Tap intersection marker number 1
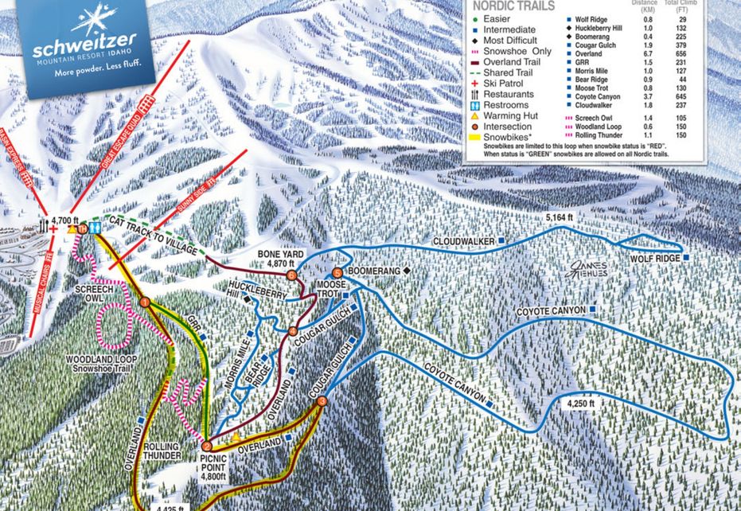coord(145,302)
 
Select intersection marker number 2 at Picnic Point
coord(207,447)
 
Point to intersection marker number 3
coord(322,402)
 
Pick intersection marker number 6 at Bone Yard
coord(292,275)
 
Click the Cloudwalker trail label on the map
coord(464,240)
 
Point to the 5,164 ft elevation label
coord(559,216)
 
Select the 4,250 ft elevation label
coord(582,404)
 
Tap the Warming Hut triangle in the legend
coord(475,116)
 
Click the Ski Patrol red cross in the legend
coord(475,83)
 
